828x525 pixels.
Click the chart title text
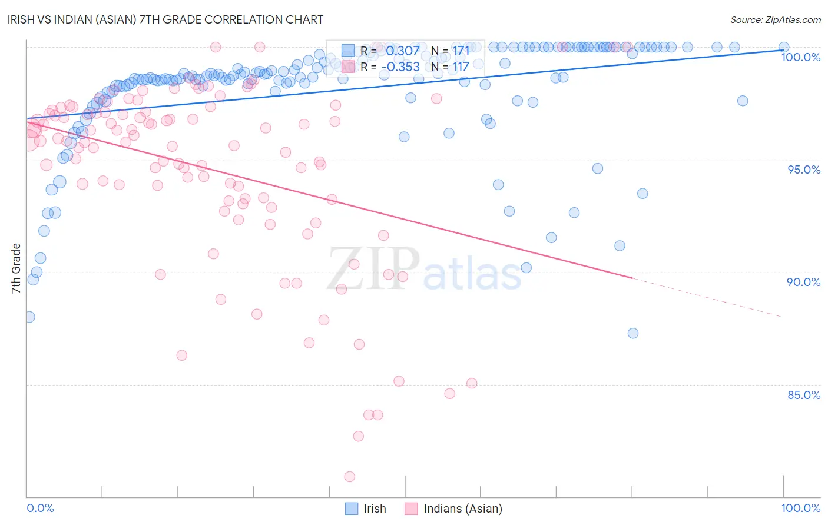pos(165,19)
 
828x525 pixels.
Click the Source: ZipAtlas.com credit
pos(775,19)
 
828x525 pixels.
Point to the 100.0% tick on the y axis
pos(800,57)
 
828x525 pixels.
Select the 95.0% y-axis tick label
pos(804,170)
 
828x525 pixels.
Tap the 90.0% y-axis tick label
pos(804,282)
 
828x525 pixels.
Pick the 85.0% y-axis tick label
pos(804,395)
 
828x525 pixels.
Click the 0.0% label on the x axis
pos(40,508)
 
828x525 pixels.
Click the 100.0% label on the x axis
pos(800,508)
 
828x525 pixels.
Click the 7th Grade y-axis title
pos(16,268)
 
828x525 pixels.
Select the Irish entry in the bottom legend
pos(375,509)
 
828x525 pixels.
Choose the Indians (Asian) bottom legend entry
pos(463,509)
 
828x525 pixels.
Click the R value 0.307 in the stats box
pos(403,51)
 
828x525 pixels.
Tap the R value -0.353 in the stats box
pos(400,67)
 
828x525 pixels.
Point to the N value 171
pos(461,51)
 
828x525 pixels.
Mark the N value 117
pos(461,67)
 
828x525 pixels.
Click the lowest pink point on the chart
pos(350,477)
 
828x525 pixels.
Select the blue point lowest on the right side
pos(633,333)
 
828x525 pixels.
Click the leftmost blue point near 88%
pos(29,317)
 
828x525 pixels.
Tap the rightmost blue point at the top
pos(784,47)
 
